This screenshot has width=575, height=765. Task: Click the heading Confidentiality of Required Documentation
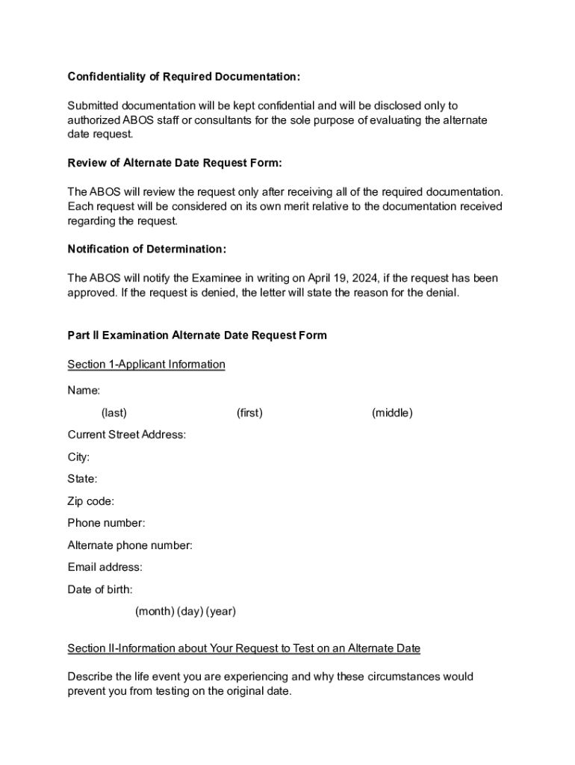point(184,77)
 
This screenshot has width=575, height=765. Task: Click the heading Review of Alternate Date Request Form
point(175,163)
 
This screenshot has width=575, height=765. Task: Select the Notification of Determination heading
point(146,249)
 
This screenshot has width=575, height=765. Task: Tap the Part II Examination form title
point(197,335)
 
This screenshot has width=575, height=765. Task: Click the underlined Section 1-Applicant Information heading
point(146,365)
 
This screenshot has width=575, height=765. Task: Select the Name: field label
point(84,391)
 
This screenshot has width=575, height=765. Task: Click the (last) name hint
point(114,413)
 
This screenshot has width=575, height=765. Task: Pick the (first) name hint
point(249,413)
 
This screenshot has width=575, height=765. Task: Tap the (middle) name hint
point(392,413)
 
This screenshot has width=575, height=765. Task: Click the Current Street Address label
point(127,435)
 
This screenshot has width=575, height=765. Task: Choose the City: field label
point(78,457)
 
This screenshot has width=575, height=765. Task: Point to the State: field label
point(82,479)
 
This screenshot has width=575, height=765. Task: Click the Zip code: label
point(91,501)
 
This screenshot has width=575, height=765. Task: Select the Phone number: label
point(106,523)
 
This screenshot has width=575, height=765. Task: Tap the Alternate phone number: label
point(130,545)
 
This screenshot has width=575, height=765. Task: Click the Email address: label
point(105,567)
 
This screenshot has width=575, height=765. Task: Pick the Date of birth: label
point(100,589)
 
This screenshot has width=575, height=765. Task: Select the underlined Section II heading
point(243,648)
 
